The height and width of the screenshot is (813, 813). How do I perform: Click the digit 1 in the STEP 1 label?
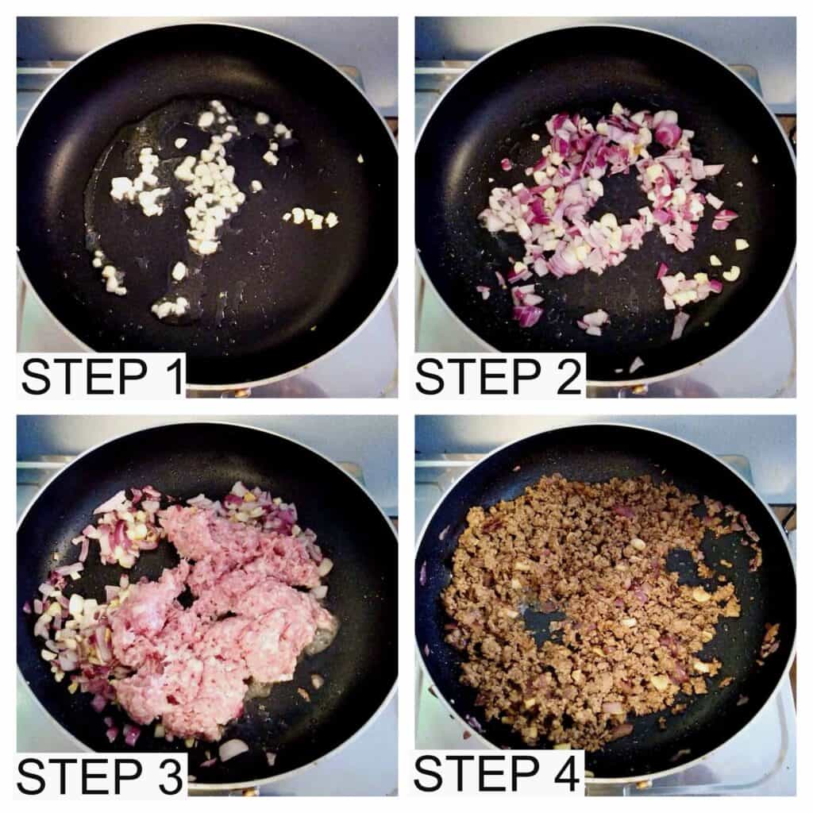click(x=175, y=377)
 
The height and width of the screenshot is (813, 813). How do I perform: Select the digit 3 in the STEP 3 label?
click(x=170, y=776)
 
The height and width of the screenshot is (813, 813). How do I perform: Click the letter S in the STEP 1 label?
click(x=35, y=377)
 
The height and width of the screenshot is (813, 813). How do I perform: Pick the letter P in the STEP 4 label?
click(x=525, y=775)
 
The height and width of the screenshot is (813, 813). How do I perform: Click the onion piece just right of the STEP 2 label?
click(x=636, y=364)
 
